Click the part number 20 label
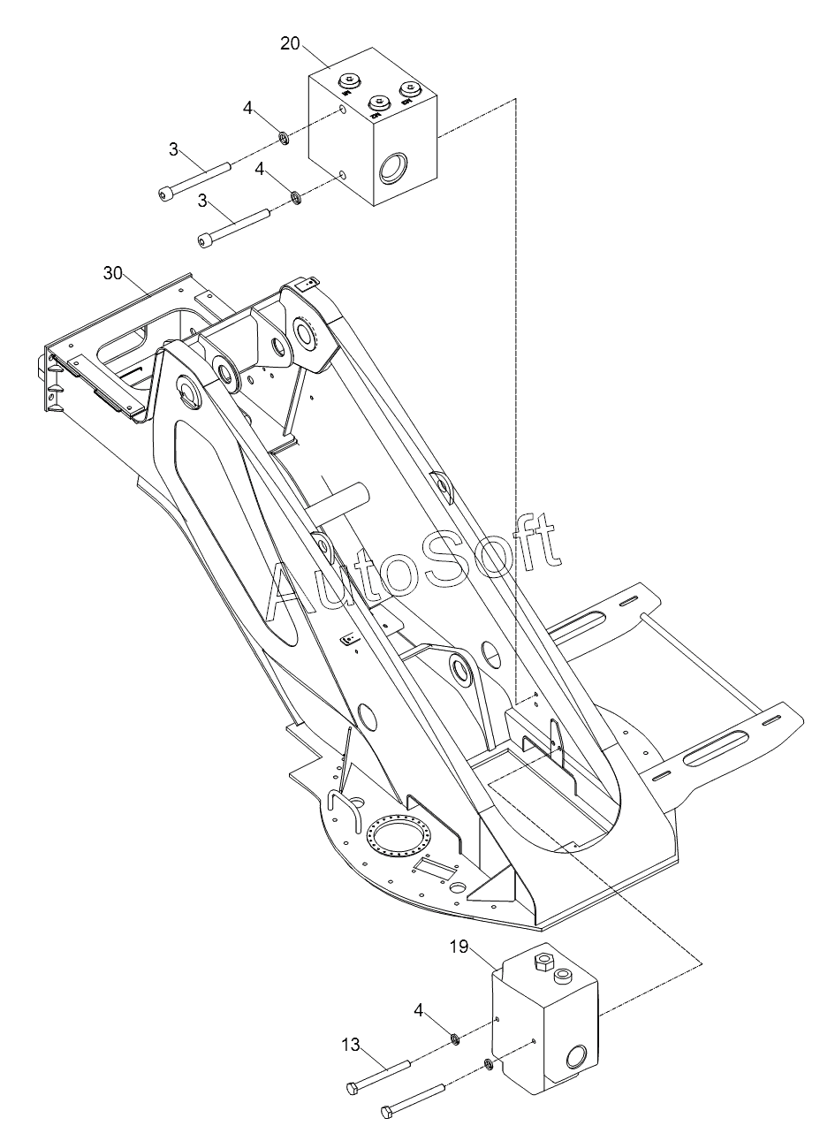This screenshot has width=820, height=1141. pos(291,43)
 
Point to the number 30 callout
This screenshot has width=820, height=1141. pos(113,273)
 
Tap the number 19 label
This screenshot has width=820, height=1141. pos(458,947)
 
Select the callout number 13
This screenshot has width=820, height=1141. pos(351,1045)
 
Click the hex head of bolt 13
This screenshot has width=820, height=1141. pos(352,1087)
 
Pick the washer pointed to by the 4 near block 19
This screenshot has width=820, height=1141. pos(452,1037)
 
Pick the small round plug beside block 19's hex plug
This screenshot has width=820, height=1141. pos(561,977)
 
